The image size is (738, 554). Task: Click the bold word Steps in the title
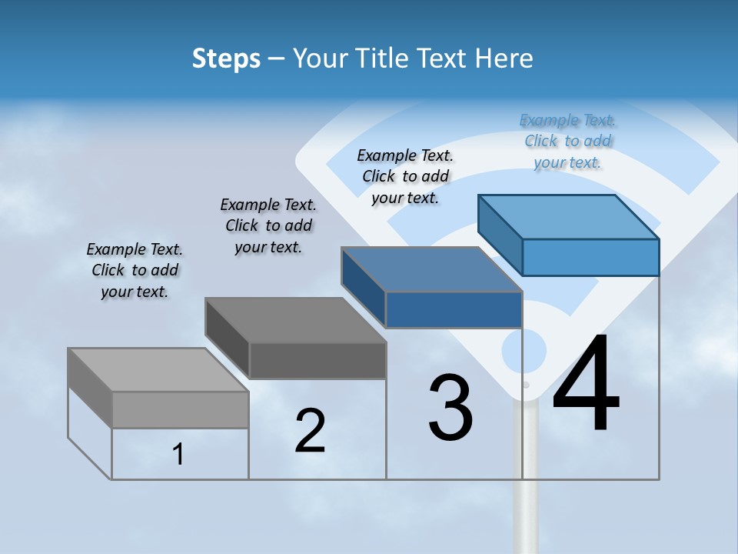pyautogui.click(x=226, y=58)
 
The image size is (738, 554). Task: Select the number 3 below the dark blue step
pyautogui.click(x=450, y=408)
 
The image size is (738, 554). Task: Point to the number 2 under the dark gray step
pyautogui.click(x=311, y=431)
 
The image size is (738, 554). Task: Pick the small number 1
pyautogui.click(x=178, y=455)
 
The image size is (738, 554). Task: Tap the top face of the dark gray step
pyautogui.click(x=295, y=320)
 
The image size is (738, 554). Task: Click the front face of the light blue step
pyautogui.click(x=590, y=257)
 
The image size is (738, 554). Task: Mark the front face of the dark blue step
pyautogui.click(x=454, y=309)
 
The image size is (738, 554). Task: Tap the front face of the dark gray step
pyautogui.click(x=317, y=360)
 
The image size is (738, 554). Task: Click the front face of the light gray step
pyautogui.click(x=180, y=409)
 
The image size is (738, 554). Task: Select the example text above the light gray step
pyautogui.click(x=135, y=270)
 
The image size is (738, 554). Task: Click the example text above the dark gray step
pyautogui.click(x=268, y=225)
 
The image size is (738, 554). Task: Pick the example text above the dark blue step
pyautogui.click(x=405, y=176)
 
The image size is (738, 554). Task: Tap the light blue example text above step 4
pyautogui.click(x=567, y=141)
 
